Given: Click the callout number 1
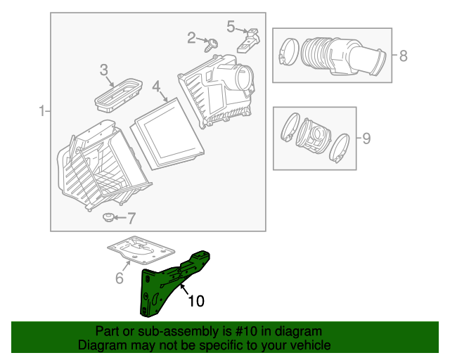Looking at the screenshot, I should (x=41, y=110).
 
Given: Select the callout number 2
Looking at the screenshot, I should (x=191, y=37).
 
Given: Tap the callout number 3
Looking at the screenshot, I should (x=103, y=70).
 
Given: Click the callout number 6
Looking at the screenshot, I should (x=119, y=278).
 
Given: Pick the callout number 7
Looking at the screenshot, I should (x=131, y=218).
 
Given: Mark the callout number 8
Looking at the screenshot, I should (x=403, y=56).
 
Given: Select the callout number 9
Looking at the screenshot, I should (x=366, y=137).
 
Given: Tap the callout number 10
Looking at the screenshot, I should (x=196, y=301).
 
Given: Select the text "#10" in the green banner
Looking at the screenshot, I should (x=243, y=331).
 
